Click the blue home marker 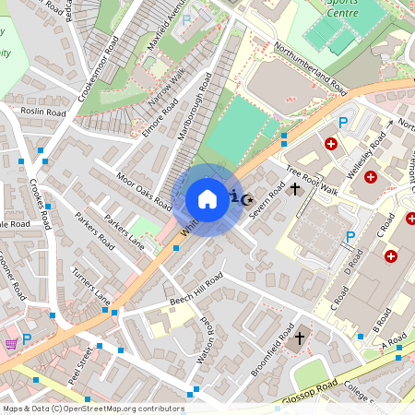coord(207,199)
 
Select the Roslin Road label coord(43,113)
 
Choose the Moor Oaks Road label coord(144,190)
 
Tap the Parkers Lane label coord(125,233)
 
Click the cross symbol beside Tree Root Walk coord(295,189)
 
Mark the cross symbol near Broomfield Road coord(299,339)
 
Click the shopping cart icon coord(10,343)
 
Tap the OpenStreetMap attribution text coord(93,408)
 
